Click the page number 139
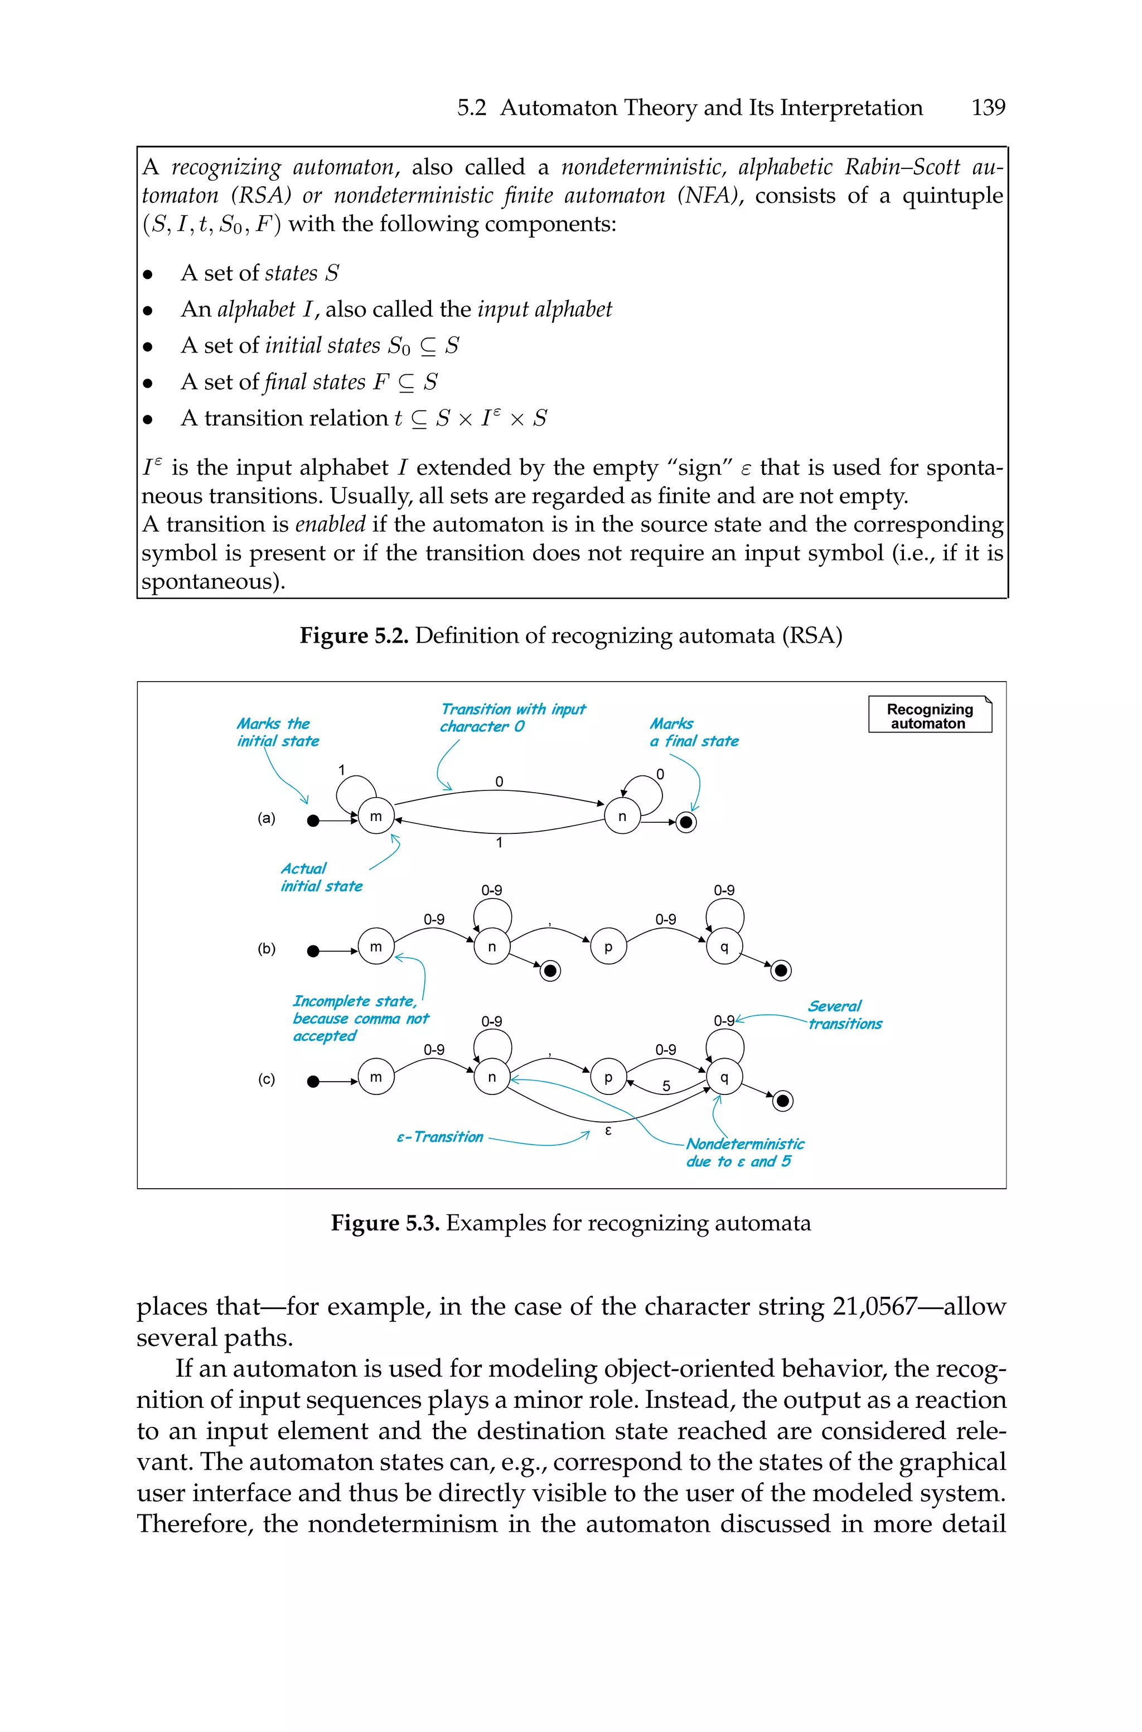(x=988, y=108)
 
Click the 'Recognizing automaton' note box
(x=930, y=715)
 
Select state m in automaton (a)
(x=376, y=817)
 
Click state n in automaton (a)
(x=622, y=817)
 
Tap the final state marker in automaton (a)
(x=686, y=822)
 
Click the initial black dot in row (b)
(x=313, y=951)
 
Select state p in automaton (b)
(x=608, y=947)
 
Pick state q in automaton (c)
(x=724, y=1077)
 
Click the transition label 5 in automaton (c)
(x=666, y=1086)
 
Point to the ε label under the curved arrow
(x=609, y=1130)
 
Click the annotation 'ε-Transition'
(x=440, y=1137)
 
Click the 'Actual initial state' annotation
(x=321, y=877)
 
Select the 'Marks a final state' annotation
(x=693, y=732)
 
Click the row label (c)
(x=267, y=1079)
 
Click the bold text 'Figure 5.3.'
(x=385, y=1223)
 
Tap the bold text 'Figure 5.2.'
(x=354, y=636)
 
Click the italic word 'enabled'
(x=330, y=524)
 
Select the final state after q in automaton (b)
(x=781, y=970)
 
